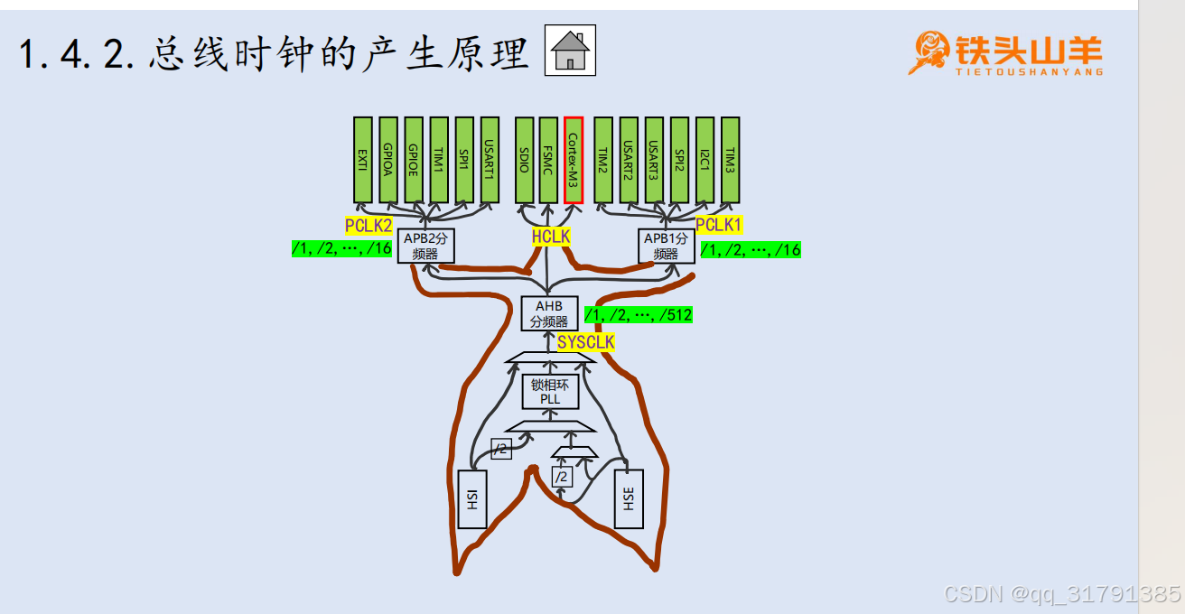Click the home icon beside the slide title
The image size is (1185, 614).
coord(571,51)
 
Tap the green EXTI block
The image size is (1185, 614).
coord(362,160)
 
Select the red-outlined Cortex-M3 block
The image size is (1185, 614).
coord(574,160)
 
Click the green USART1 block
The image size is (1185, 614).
coord(490,160)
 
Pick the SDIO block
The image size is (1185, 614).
coord(524,160)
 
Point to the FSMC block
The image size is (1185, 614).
coord(548,160)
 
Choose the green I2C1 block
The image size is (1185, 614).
coord(704,160)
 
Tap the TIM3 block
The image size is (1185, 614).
coord(730,160)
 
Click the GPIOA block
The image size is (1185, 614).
coord(387,160)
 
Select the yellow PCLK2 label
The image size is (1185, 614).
coord(369,226)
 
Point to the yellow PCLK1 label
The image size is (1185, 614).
coord(719,224)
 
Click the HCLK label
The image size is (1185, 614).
coord(551,237)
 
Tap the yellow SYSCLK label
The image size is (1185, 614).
coord(585,342)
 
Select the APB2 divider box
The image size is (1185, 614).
coord(425,246)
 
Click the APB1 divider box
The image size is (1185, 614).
coord(666,246)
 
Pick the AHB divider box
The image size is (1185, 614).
coord(549,313)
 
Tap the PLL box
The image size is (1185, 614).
coord(550,392)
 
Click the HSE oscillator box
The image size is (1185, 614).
coord(629,498)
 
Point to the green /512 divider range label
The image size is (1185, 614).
coord(639,315)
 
